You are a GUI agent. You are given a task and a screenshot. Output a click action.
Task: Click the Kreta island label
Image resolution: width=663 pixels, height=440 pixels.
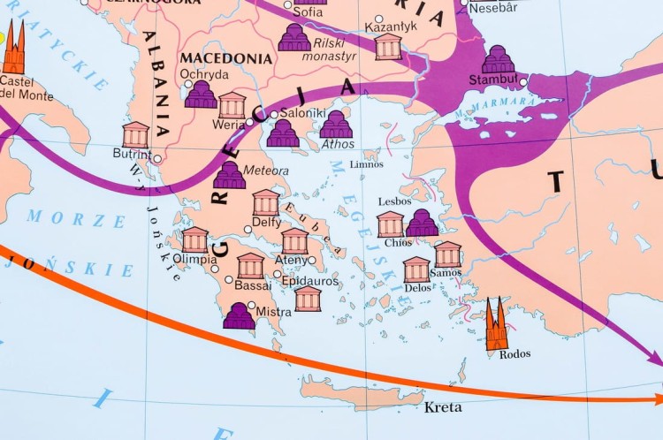pos(443,408)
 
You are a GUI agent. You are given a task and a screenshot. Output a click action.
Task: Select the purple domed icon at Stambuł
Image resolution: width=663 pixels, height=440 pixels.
pos(499,60)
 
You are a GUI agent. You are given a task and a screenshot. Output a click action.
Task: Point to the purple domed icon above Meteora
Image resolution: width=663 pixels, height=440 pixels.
pos(230,175)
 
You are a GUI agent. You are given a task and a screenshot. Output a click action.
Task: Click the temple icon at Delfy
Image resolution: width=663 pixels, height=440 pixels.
pos(265,202)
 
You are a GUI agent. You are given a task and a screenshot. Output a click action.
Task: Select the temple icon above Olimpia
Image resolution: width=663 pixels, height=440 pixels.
pos(194,239)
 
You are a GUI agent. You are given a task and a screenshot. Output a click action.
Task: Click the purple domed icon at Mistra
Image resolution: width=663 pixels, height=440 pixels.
pos(239,315)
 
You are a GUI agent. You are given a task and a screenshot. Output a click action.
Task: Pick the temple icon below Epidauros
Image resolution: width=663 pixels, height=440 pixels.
pos(308,299)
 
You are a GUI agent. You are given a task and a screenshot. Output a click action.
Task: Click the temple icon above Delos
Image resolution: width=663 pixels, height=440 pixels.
pos(416,269)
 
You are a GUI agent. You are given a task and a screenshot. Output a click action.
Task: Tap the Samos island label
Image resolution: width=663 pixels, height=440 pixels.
pos(446,273)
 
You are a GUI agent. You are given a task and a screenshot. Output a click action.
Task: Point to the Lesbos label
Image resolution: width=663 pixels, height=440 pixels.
pos(394,201)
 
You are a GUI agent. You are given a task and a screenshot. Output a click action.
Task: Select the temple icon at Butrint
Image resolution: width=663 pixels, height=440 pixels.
pos(135,135)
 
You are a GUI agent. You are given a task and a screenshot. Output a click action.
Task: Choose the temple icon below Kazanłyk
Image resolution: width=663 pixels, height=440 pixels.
pos(388,47)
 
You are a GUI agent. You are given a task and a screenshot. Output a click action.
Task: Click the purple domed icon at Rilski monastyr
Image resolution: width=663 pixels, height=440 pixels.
pos(294,37)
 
